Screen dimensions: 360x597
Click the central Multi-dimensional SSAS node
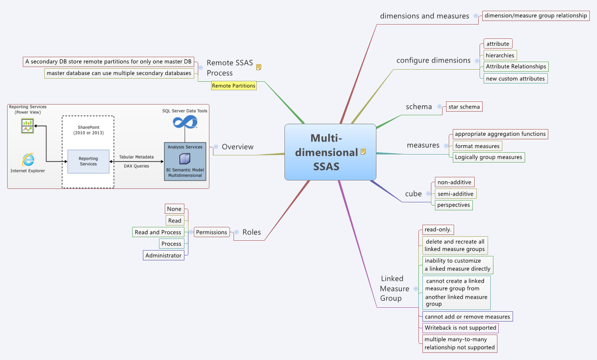(330, 152)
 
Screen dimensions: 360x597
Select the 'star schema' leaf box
(464, 107)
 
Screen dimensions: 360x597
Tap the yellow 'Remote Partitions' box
(234, 86)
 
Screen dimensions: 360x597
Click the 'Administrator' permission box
(163, 255)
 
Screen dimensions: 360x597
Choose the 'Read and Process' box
(158, 232)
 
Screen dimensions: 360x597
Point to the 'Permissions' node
(212, 232)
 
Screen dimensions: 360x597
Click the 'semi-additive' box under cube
(455, 194)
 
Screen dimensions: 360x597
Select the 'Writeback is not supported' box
(460, 328)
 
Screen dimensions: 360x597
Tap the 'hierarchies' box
(500, 55)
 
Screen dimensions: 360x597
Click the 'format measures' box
(477, 146)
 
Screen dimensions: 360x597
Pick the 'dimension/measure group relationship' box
(535, 16)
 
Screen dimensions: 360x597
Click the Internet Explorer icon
(28, 159)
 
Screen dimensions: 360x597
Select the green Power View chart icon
(28, 126)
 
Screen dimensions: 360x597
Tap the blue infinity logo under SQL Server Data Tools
(185, 121)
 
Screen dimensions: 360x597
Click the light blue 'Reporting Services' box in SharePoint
(88, 161)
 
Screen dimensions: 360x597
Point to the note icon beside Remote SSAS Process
(259, 67)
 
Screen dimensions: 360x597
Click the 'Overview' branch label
(238, 147)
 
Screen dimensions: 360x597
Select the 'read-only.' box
(438, 230)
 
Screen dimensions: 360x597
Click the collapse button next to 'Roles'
(236, 232)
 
